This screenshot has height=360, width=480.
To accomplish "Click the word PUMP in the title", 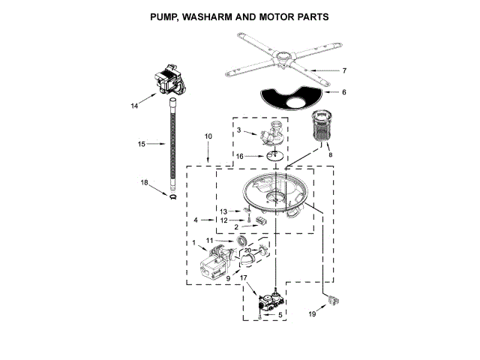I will [166, 16].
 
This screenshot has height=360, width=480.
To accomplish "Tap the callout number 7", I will [344, 71].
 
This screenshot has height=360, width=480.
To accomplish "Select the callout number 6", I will [344, 92].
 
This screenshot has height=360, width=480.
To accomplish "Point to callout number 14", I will [135, 106].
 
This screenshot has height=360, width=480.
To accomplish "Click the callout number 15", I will [140, 143].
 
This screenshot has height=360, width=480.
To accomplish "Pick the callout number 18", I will [144, 182].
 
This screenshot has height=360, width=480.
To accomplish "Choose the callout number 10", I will [208, 136].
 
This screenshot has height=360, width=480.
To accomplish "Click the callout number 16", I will [239, 156].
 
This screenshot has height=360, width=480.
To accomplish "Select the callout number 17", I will [242, 277].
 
